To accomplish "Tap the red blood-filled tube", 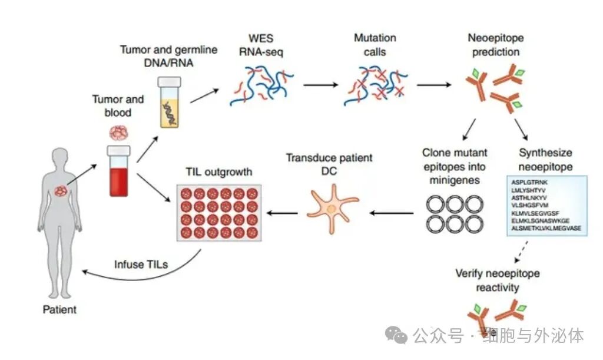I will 118,171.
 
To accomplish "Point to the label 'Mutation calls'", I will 375,45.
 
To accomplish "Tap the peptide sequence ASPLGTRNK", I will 529,183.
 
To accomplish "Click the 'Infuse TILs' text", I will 141,264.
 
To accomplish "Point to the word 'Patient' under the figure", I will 59,309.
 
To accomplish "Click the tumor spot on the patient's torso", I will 61,191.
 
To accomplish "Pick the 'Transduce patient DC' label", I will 329,164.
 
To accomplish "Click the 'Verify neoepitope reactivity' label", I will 497,280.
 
